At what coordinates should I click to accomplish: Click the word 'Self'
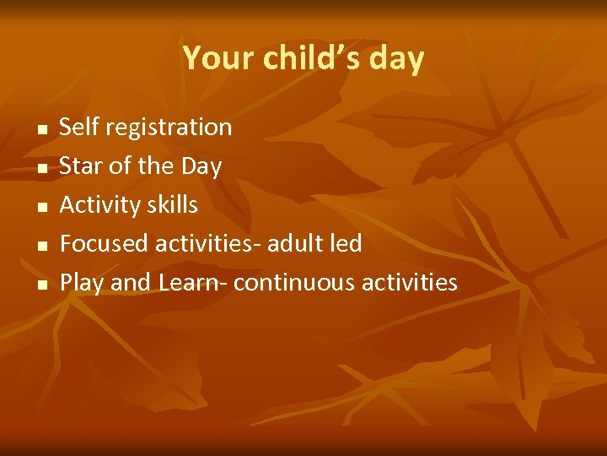[x=78, y=128]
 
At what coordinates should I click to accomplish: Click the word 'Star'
[x=80, y=166]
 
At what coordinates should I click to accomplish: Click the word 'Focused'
[x=105, y=244]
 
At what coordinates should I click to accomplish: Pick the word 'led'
[x=346, y=244]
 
